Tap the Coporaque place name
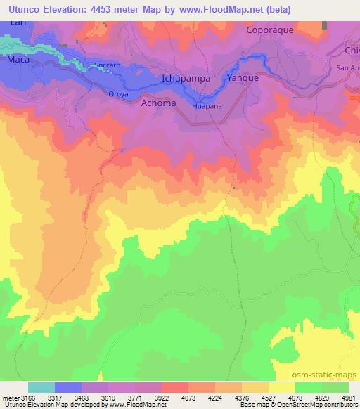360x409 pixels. tap(270, 30)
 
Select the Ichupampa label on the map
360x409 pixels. tap(186, 79)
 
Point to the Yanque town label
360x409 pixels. tap(243, 79)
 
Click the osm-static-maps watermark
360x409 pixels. tap(331, 375)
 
